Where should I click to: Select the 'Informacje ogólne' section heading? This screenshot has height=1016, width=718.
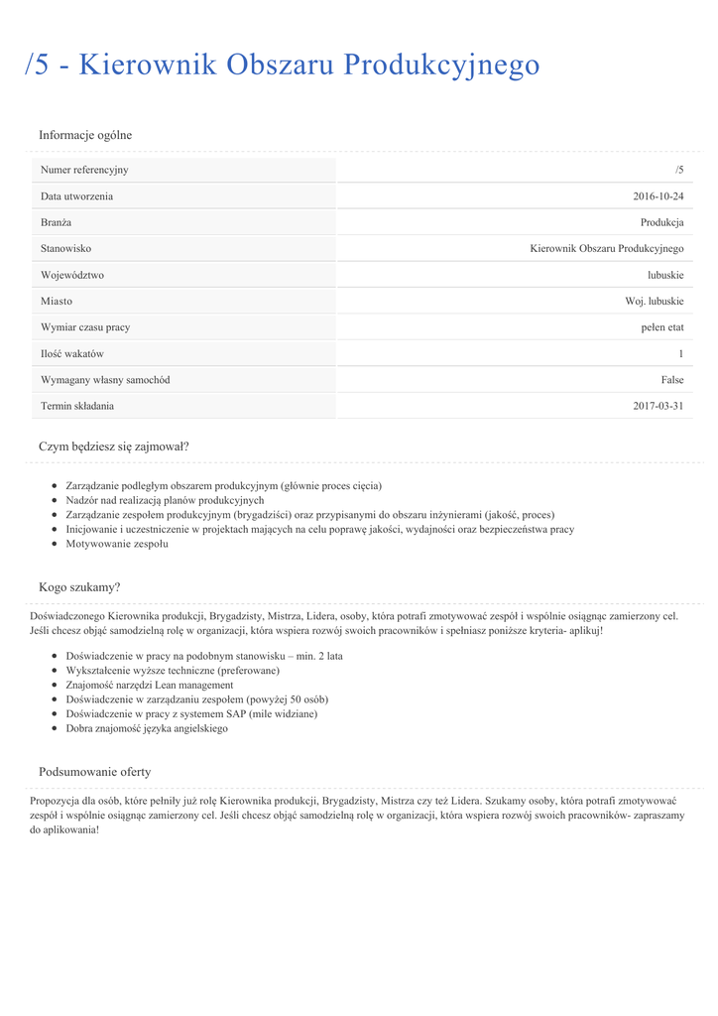click(x=85, y=135)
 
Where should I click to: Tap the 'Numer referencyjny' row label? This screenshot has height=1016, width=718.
click(x=84, y=170)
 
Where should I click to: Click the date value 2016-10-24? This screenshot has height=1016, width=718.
click(x=658, y=196)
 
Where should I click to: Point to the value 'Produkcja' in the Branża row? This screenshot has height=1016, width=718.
click(x=661, y=222)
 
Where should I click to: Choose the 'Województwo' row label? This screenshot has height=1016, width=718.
click(x=72, y=275)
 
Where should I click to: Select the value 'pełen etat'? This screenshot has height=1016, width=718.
click(x=661, y=327)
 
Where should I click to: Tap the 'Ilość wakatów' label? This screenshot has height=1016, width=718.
click(x=72, y=353)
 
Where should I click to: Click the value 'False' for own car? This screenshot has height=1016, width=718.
click(x=672, y=380)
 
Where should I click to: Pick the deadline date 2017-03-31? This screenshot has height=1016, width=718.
click(x=658, y=406)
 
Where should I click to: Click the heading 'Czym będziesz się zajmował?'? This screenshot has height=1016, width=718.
click(x=114, y=446)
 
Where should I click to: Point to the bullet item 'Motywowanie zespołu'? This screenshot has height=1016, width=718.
click(x=117, y=544)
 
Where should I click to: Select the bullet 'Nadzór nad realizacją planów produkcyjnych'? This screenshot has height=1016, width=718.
click(x=165, y=501)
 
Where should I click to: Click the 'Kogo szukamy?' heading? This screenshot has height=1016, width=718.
click(x=79, y=587)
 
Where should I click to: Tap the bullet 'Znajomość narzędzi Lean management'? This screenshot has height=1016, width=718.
click(x=150, y=685)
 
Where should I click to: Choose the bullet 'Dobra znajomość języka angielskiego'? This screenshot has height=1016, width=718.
click(x=147, y=728)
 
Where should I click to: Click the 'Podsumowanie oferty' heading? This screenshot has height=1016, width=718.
click(x=95, y=772)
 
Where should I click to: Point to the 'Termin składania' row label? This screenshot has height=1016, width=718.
click(x=77, y=406)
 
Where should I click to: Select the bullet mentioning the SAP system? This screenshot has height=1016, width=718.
click(x=191, y=713)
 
